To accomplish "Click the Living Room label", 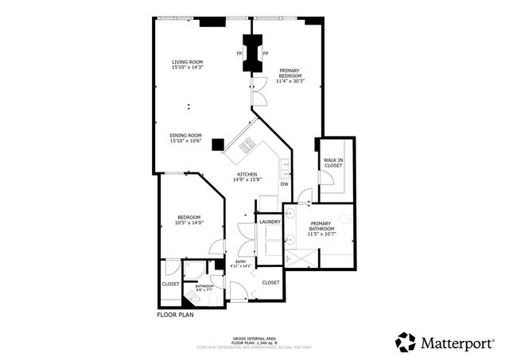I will (x=188, y=62).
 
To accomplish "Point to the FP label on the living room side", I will (x=239, y=54).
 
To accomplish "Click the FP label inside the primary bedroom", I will (x=265, y=54).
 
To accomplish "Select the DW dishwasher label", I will (x=284, y=184).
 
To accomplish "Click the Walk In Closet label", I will (x=333, y=163).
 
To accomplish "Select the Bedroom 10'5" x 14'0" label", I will (x=188, y=220).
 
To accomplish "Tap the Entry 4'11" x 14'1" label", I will (x=239, y=264).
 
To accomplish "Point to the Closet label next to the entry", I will (x=270, y=282).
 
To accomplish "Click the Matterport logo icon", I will (x=406, y=342).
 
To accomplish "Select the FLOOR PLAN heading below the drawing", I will (x=175, y=315).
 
